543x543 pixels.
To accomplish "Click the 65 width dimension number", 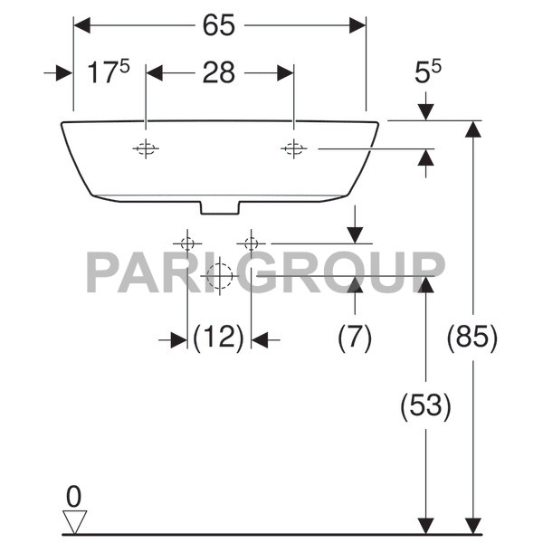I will [219, 25].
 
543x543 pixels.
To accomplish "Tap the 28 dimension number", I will [219, 73].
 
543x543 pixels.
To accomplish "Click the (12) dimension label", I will [219, 338].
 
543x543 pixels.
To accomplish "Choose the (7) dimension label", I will [355, 338].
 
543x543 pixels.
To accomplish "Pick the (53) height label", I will [424, 405].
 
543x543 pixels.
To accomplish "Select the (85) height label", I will [472, 338].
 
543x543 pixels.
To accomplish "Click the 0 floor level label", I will [74, 495].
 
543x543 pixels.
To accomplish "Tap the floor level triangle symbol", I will [74, 520].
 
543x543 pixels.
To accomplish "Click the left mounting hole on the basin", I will [146, 148].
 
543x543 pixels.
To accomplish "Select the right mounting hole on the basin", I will [293, 148].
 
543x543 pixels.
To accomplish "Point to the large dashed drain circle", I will [219, 275].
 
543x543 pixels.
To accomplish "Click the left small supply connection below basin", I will [187, 243].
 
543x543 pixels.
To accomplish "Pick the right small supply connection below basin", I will [251, 243].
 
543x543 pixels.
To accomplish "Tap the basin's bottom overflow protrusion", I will [219, 207].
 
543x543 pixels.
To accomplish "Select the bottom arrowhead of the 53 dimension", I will [424, 526].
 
